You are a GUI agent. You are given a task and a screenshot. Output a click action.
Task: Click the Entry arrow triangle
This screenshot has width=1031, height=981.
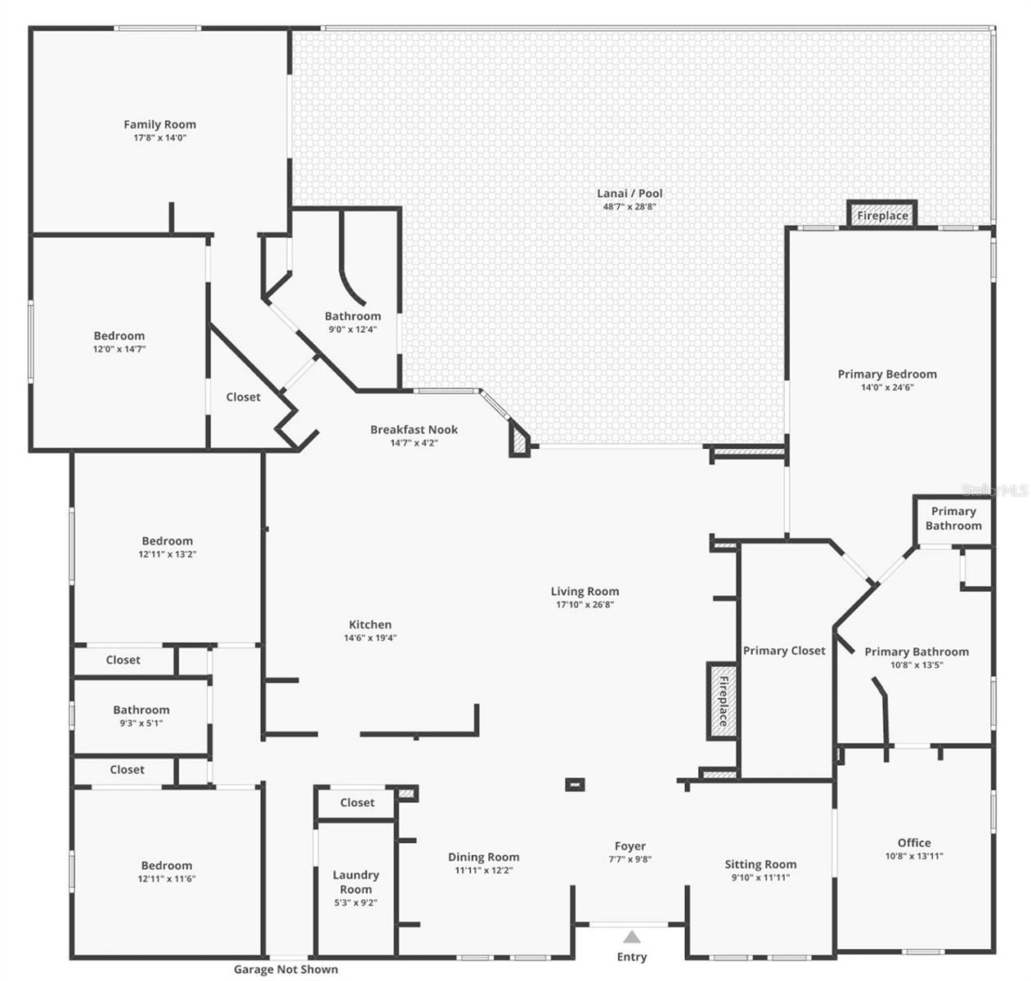631,937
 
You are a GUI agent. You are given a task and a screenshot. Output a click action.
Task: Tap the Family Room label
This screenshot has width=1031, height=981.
159,124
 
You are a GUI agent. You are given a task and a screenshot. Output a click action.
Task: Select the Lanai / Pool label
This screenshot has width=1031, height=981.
630,193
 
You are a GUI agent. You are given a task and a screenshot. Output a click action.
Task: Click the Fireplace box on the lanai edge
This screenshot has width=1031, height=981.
882,216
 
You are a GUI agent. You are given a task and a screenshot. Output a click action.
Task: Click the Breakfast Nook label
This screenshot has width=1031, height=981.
414,429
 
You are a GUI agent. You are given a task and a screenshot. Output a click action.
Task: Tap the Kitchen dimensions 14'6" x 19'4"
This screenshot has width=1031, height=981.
370,638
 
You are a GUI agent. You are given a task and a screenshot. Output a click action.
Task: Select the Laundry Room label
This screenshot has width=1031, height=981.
356,881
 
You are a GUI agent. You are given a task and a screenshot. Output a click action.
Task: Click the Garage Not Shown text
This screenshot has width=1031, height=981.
285,969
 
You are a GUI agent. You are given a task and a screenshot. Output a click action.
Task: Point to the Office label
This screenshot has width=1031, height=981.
914,843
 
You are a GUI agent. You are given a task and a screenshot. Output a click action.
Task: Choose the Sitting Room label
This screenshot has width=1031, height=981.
760,864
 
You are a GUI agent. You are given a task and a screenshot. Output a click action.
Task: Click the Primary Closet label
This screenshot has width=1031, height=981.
784,651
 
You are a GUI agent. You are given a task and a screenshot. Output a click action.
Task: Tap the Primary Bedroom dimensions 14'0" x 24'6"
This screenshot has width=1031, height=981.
887,387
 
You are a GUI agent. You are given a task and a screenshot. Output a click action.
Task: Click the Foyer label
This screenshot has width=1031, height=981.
630,846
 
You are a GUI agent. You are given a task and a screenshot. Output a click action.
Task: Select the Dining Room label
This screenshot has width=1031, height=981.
483,857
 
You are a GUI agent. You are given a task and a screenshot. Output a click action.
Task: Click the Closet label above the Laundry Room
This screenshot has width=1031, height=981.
357,803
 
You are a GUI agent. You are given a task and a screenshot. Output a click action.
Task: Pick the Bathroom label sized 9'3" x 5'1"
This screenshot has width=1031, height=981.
141,710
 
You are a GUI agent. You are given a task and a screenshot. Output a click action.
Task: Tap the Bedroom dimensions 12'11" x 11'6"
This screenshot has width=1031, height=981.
167,879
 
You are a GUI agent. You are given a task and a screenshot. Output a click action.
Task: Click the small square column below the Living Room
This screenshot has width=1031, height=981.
576,785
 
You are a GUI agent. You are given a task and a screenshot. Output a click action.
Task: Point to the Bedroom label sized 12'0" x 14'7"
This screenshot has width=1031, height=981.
119,335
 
